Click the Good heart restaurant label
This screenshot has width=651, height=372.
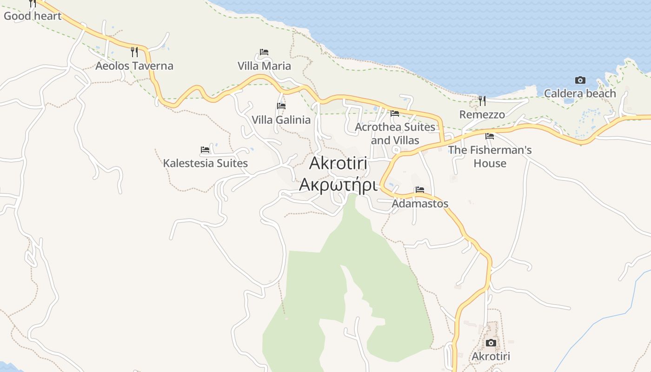33,16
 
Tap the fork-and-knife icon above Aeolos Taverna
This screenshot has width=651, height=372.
134,52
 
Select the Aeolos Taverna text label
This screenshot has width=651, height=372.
134,66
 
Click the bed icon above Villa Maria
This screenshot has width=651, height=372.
264,52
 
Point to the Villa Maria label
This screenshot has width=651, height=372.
264,66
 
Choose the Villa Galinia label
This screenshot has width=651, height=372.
281,120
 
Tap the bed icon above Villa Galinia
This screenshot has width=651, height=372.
281,106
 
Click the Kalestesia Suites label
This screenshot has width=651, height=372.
205,163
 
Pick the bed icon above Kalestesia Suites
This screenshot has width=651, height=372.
205,150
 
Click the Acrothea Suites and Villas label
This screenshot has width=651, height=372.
395,133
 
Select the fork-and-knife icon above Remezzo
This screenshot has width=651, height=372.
482,100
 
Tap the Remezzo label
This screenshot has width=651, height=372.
482,114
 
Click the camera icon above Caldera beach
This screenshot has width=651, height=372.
580,80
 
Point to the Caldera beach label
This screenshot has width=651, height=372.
580,93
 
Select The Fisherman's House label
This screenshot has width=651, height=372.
490,157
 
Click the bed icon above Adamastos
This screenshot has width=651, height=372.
420,190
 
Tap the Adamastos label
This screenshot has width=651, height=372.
420,204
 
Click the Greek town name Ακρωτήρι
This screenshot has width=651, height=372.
338,185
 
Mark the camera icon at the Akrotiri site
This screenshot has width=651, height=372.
491,343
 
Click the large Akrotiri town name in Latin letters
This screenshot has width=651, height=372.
338,163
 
